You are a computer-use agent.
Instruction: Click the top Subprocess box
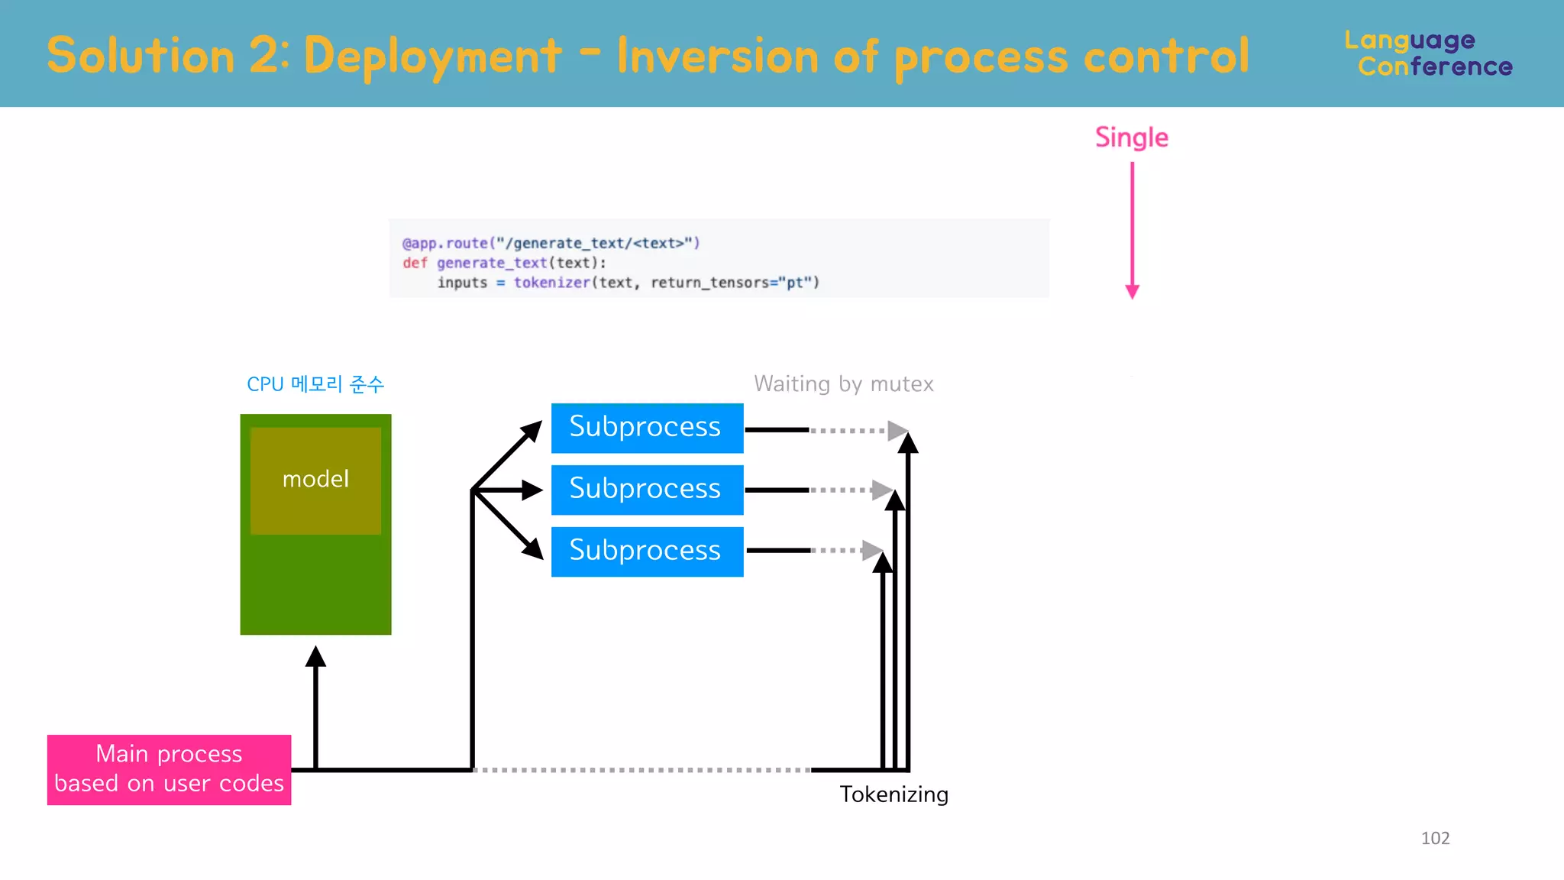point(647,428)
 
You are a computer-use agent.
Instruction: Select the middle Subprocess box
point(647,490)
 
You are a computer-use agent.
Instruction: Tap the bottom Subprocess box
point(647,552)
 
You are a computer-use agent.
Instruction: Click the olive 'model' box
point(315,480)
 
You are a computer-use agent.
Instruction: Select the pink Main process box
point(169,769)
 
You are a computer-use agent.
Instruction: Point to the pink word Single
point(1131,137)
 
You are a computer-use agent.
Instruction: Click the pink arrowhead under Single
point(1133,291)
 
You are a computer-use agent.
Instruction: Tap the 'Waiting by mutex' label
point(843,383)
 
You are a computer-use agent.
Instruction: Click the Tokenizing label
point(893,794)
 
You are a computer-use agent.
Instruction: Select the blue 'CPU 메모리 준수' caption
point(315,384)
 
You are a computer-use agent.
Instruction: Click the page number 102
point(1435,838)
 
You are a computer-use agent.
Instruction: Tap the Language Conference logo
point(1428,53)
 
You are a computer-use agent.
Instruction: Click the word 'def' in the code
point(415,263)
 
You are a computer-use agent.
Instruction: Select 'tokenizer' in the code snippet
point(551,283)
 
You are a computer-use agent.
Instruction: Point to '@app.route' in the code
point(445,243)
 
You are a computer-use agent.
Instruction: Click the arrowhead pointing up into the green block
point(315,656)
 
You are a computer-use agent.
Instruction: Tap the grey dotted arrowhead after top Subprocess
point(897,431)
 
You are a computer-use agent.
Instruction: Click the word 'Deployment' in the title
point(432,57)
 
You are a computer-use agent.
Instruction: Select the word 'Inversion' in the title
point(717,57)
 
